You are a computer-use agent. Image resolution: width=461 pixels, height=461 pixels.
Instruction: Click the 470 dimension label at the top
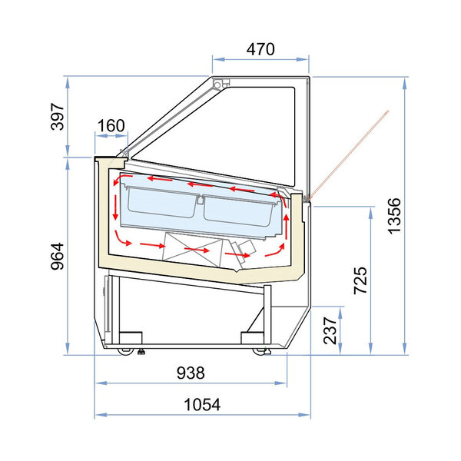[260, 50]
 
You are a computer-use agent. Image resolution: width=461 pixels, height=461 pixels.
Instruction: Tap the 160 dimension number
[111, 125]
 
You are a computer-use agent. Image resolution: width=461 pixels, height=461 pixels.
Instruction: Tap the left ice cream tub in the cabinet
[158, 206]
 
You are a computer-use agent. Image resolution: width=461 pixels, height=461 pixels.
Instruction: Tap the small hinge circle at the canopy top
[217, 83]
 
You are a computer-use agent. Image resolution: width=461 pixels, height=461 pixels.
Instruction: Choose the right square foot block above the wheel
[252, 337]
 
